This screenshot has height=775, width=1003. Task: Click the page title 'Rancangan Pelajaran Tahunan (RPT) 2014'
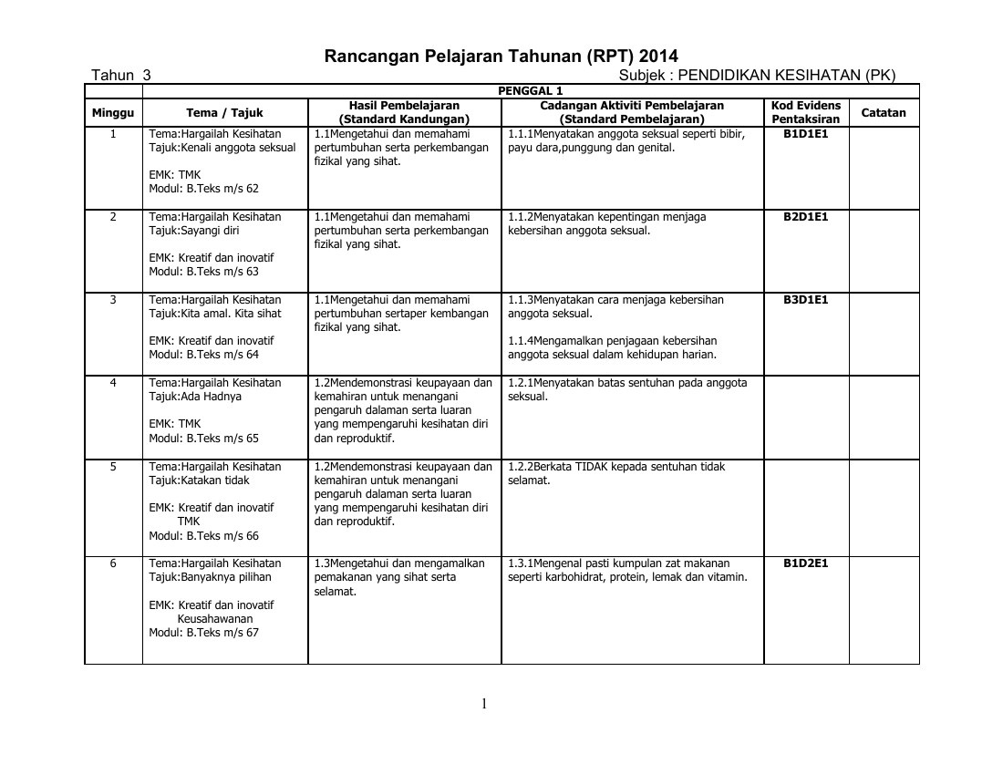tap(501, 56)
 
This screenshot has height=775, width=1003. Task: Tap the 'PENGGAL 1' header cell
tap(530, 90)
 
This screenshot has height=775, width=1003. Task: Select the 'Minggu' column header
tap(113, 113)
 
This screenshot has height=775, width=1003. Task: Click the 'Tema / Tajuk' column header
tap(224, 113)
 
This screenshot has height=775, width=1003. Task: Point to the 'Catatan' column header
tap(884, 113)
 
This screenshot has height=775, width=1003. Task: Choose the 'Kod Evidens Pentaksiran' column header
tap(806, 112)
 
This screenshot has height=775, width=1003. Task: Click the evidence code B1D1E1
tap(806, 133)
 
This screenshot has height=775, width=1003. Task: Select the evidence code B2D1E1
tap(806, 217)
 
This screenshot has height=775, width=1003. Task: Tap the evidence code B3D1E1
tap(806, 300)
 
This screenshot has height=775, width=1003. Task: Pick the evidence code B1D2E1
tap(806, 563)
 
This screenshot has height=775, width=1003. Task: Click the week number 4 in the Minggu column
tap(113, 383)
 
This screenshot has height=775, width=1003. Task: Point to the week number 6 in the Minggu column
tap(113, 563)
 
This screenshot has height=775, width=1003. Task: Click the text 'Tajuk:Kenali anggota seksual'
tap(222, 148)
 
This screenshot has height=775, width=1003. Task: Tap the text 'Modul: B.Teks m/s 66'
tap(204, 536)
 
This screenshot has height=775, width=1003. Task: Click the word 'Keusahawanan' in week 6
tap(215, 619)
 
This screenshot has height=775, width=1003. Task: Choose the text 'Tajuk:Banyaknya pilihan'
tap(210, 577)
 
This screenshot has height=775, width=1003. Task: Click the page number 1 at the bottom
tap(485, 703)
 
